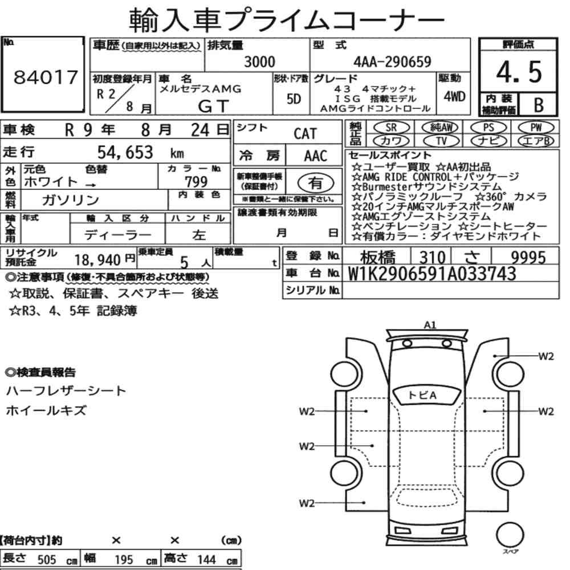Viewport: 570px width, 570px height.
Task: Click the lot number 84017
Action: point(46,77)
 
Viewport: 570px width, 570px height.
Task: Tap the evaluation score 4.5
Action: point(519,72)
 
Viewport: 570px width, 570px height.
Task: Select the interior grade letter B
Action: point(539,105)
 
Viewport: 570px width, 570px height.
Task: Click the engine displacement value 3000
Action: point(259,62)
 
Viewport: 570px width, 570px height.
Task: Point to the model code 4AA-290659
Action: point(392,62)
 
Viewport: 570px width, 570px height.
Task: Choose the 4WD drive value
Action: point(454,96)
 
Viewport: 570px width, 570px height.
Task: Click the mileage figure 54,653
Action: point(125,152)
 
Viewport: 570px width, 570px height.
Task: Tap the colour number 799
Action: point(196,181)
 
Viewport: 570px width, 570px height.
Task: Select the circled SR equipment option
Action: point(391,127)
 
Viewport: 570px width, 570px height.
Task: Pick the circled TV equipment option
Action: point(441,141)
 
